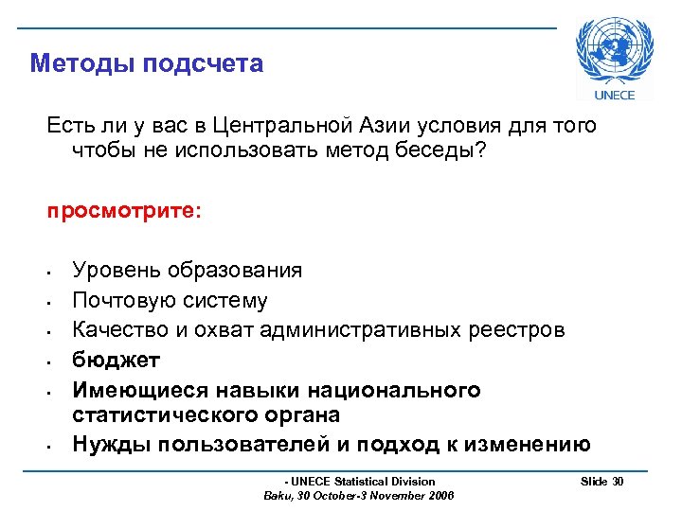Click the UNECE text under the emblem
click(614, 95)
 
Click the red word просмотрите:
click(124, 210)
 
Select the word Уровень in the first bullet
click(117, 271)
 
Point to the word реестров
click(520, 330)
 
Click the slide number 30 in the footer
click(618, 482)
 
